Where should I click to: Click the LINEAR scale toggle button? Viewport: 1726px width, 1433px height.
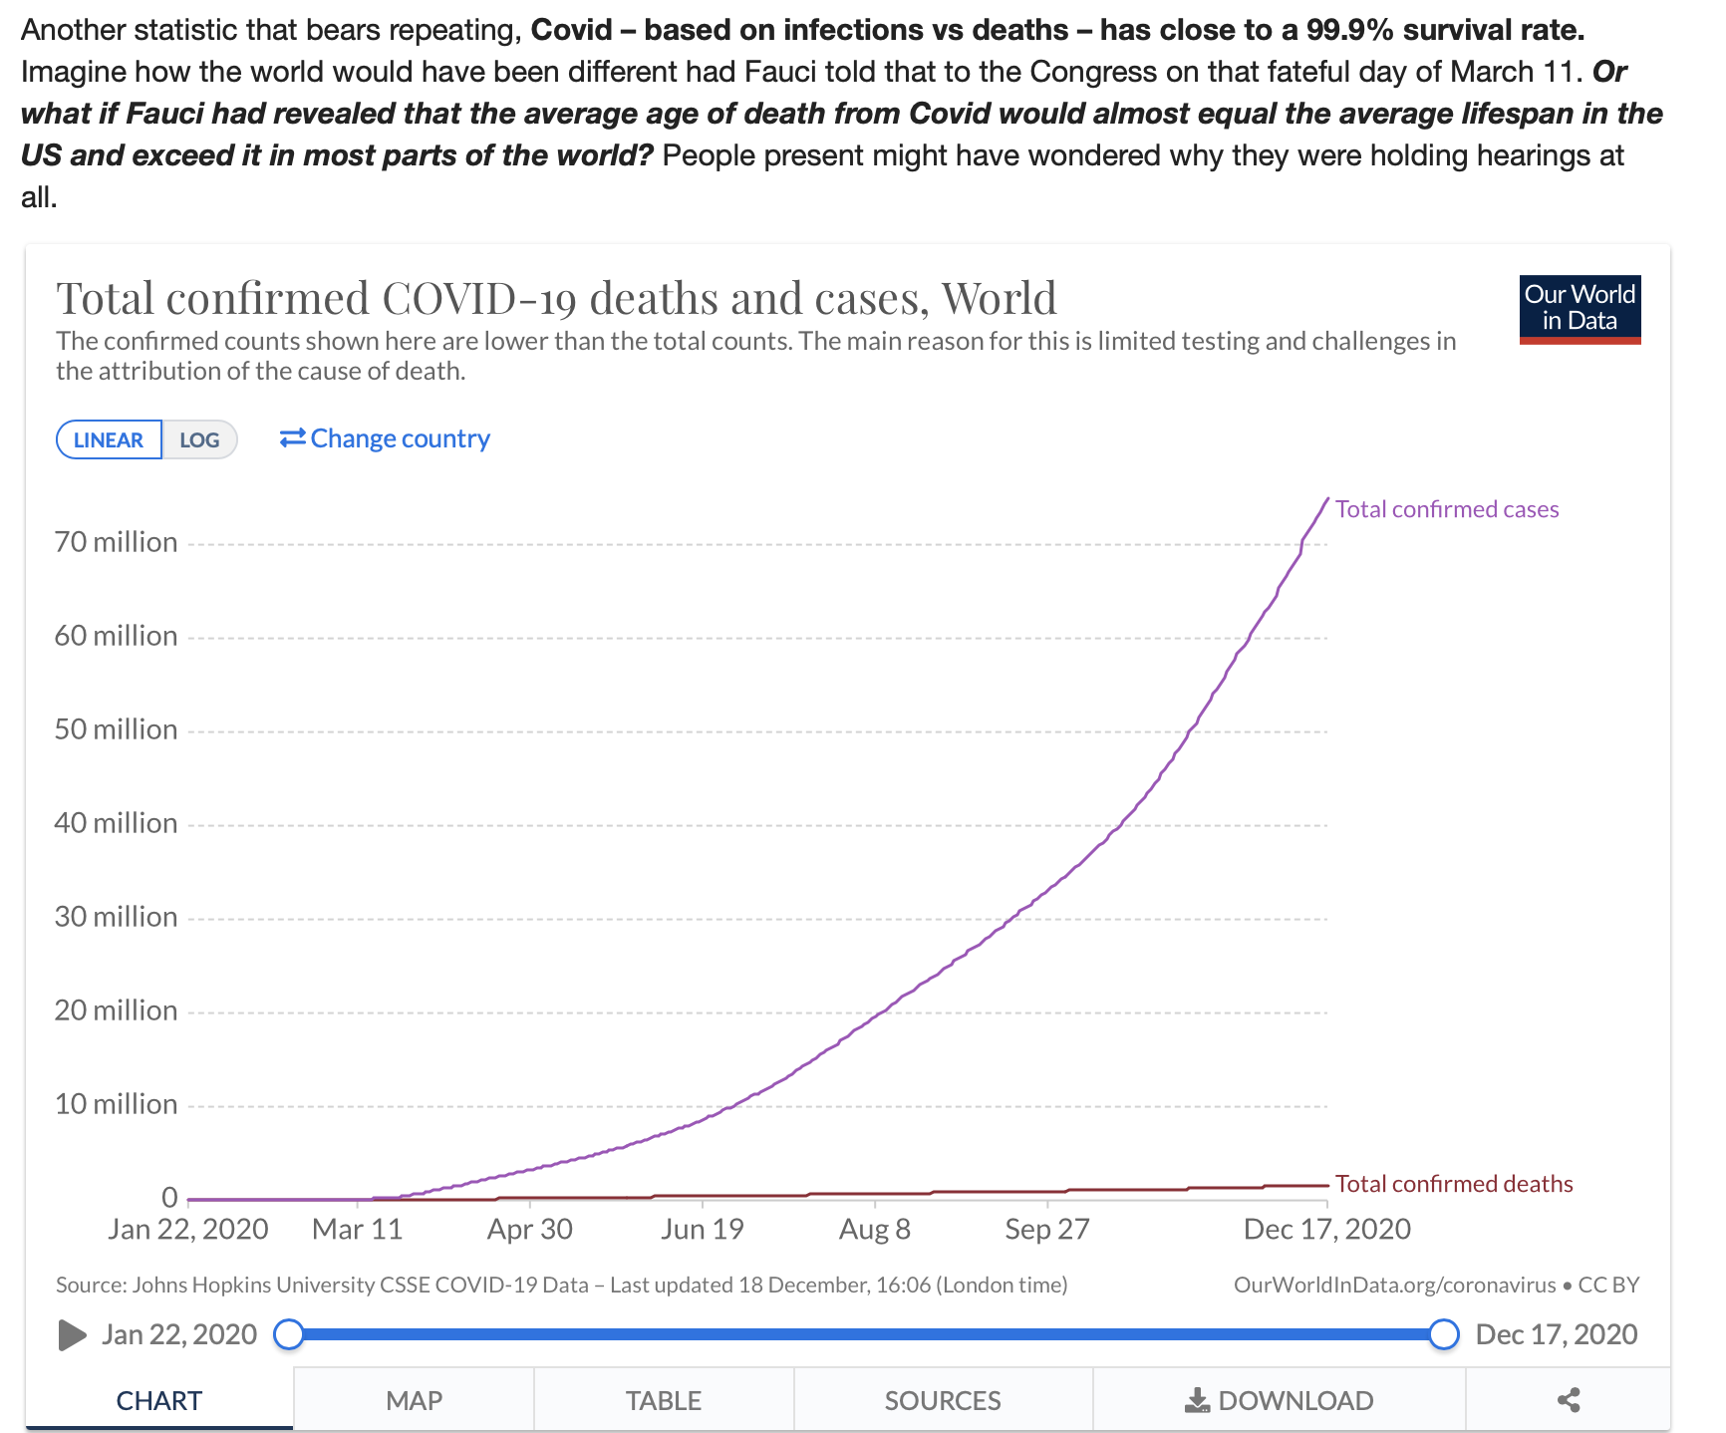click(109, 439)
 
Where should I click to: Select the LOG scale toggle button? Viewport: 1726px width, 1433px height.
click(199, 439)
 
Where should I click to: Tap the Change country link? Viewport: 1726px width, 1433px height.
click(385, 438)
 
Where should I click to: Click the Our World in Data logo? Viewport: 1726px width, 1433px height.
click(1580, 309)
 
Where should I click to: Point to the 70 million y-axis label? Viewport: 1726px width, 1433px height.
click(116, 542)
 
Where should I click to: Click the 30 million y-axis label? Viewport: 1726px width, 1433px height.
click(116, 917)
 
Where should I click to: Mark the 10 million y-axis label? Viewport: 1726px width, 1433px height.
click(116, 1104)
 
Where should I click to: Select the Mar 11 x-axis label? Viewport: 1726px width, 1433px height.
click(357, 1229)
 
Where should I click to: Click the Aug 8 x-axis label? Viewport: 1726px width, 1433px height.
click(875, 1229)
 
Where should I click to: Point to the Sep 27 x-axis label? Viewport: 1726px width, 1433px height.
click(1047, 1229)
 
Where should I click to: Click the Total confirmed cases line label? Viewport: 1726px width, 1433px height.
click(1447, 509)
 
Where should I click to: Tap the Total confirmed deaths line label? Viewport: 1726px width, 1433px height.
click(1454, 1184)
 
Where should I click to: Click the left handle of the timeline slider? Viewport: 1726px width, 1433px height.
click(289, 1334)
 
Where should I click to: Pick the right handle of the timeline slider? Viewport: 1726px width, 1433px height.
click(1444, 1334)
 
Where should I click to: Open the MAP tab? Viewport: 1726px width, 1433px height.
click(414, 1400)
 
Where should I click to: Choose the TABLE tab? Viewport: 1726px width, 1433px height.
click(664, 1400)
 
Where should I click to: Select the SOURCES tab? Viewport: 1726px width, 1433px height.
click(943, 1400)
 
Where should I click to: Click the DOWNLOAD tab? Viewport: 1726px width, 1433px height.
click(1280, 1400)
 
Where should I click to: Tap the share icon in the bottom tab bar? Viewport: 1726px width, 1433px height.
click(1569, 1400)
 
